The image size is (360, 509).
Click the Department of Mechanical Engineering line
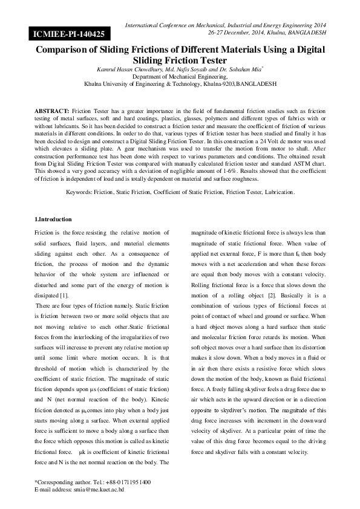(180, 77)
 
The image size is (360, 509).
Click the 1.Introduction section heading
(53, 219)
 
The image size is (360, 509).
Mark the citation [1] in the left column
(64, 295)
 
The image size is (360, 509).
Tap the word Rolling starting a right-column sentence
(201, 285)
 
